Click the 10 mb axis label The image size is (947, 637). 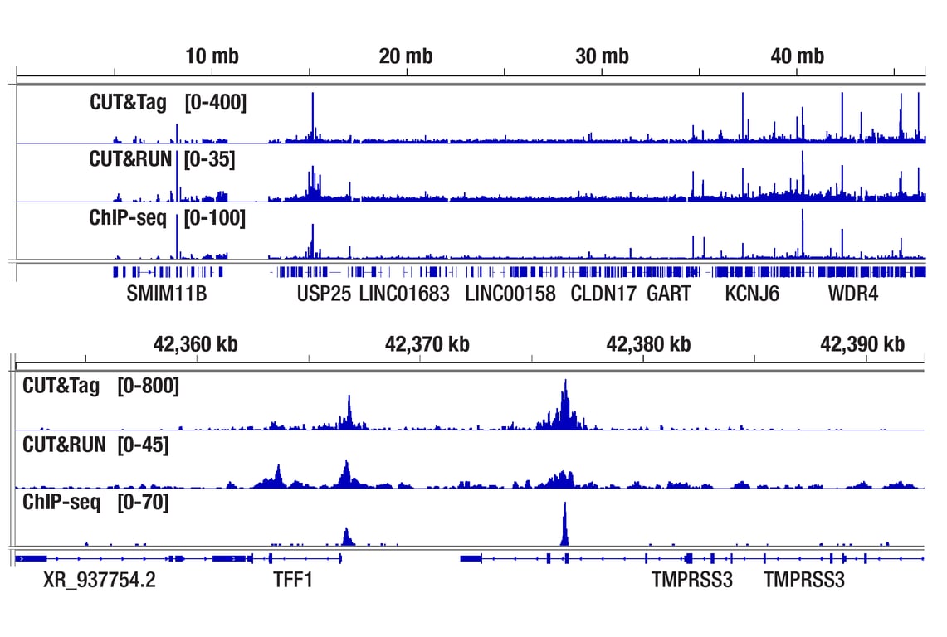(x=212, y=57)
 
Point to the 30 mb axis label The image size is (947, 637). (x=602, y=57)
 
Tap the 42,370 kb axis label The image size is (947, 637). (x=427, y=343)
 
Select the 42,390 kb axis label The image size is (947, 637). (x=862, y=343)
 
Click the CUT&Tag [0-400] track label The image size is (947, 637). (x=168, y=104)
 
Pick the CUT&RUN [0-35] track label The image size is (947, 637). (x=162, y=159)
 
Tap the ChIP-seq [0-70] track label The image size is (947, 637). (x=95, y=502)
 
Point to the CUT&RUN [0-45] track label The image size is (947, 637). (x=95, y=445)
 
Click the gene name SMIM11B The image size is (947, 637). (x=167, y=294)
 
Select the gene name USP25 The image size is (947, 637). (x=324, y=294)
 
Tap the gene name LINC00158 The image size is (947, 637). (x=510, y=294)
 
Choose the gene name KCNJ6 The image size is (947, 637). (x=752, y=294)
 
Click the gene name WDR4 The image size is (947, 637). (x=852, y=294)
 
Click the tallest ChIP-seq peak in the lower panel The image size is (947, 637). (x=564, y=523)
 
